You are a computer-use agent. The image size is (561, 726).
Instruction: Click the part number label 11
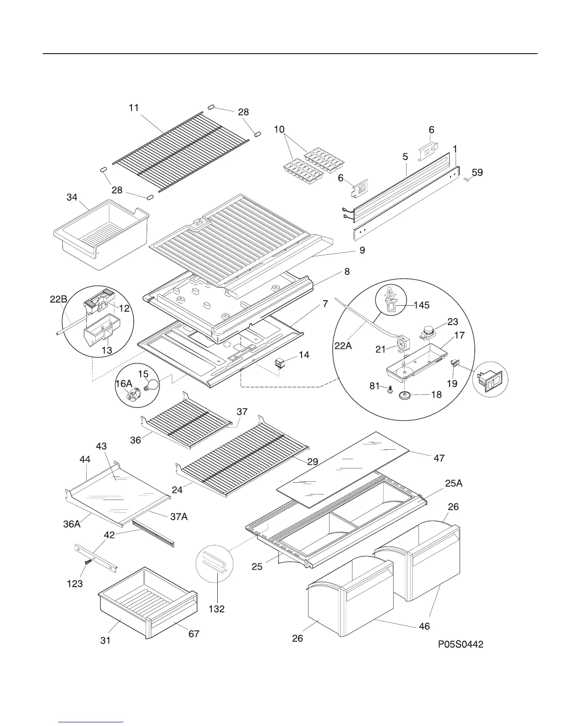[x=133, y=108]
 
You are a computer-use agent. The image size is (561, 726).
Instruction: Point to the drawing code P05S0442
[x=460, y=644]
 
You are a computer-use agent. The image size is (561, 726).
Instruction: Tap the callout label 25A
[x=454, y=483]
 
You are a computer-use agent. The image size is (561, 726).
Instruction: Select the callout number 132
[x=217, y=609]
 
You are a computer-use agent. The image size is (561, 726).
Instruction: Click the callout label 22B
[x=59, y=300]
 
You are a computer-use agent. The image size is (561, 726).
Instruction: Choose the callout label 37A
[x=179, y=517]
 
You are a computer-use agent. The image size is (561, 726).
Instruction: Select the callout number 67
[x=194, y=634]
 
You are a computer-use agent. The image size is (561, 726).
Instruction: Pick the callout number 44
[x=85, y=459]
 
